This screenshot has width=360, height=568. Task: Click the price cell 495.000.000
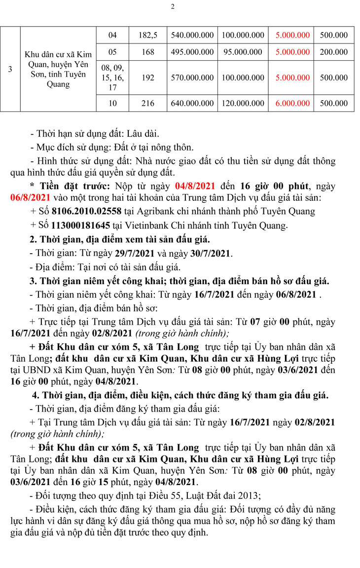point(192,52)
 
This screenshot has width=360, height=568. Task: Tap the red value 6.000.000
point(293,103)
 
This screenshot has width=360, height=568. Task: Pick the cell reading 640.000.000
point(192,103)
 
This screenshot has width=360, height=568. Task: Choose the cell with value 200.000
point(334,52)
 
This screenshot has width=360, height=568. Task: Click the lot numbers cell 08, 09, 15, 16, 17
point(112,77)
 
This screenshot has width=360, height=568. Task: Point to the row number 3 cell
point(10,69)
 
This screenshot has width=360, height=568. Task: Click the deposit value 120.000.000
point(243,103)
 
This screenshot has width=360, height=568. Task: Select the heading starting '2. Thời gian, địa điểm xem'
point(120,240)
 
